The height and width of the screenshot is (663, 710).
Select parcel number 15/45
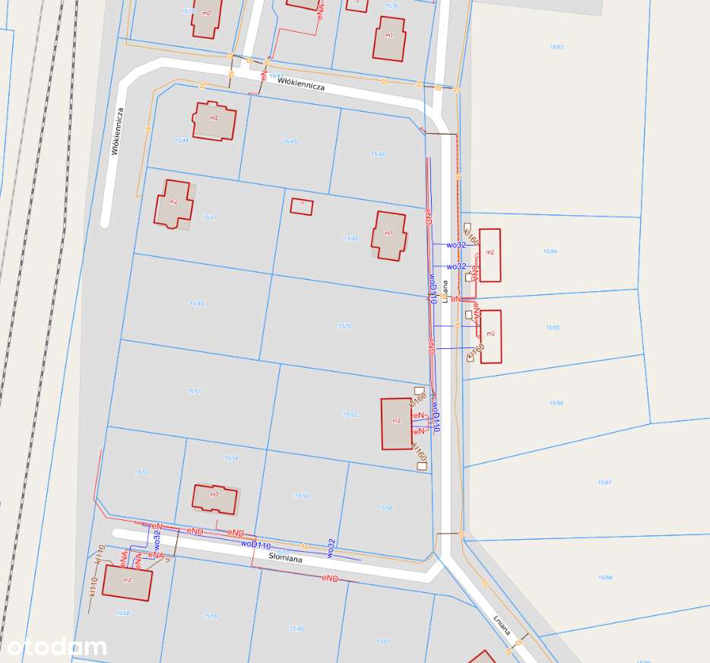(290, 141)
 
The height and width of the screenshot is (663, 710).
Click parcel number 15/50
(345, 325)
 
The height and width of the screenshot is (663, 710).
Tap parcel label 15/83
(556, 47)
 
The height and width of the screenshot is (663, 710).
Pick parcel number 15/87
(604, 483)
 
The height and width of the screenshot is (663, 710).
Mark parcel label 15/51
(194, 391)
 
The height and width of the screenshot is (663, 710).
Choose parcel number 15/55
(302, 496)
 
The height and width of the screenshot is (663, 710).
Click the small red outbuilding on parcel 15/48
(302, 206)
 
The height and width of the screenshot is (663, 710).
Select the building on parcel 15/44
(214, 119)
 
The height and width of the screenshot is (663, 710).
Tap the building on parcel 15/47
(174, 203)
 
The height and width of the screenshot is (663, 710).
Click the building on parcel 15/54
(214, 497)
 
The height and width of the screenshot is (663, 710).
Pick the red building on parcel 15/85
(491, 335)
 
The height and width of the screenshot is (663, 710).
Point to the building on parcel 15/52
(396, 423)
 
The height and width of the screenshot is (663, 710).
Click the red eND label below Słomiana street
(329, 579)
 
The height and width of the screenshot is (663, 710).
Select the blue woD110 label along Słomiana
(256, 545)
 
